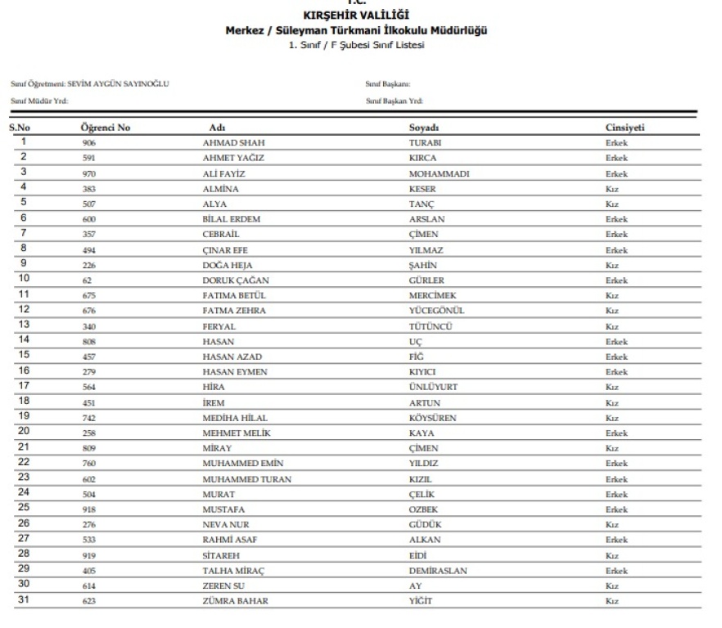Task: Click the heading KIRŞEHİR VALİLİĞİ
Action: tap(356, 16)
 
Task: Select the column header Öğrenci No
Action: tap(106, 128)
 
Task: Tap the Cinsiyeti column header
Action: tap(625, 128)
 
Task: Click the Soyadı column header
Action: tap(425, 128)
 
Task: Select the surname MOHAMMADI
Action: tap(439, 174)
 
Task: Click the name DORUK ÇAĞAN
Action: tap(236, 280)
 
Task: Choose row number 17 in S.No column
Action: tap(24, 386)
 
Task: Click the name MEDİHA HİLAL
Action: tap(235, 418)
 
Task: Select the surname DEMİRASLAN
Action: tap(438, 571)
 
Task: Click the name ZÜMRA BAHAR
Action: tap(236, 601)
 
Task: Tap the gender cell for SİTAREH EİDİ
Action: tap(611, 555)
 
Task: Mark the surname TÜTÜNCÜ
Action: tap(431, 326)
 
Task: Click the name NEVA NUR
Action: tap(225, 525)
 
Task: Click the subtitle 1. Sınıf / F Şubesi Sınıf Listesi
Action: tap(356, 45)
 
